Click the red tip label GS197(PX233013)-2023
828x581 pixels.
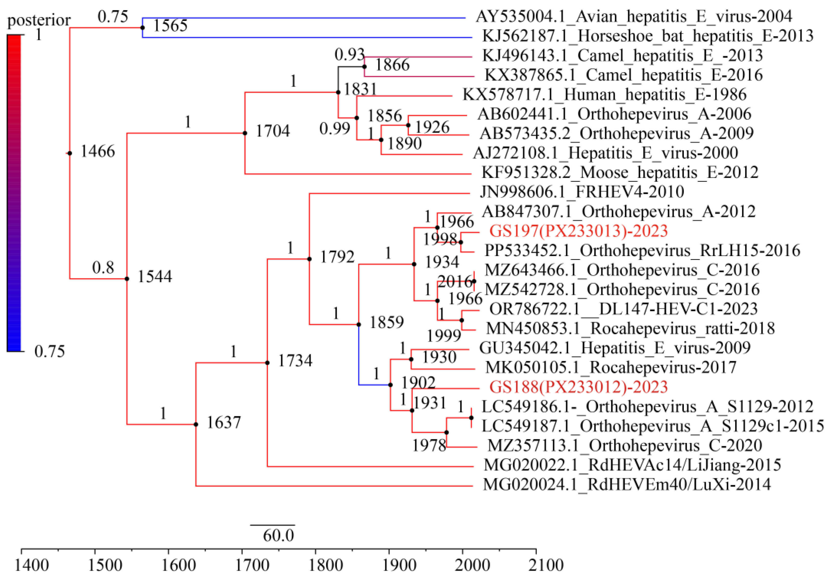tap(578, 231)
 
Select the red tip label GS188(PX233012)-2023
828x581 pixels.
tap(578, 387)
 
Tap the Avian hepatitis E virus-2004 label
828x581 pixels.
tap(634, 17)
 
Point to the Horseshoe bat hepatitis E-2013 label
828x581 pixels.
tap(648, 36)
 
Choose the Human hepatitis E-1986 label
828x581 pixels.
tap(604, 94)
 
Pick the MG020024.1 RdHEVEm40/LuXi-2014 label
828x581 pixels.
tap(627, 484)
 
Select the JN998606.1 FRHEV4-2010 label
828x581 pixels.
tap(582, 192)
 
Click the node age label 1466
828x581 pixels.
tap(97, 151)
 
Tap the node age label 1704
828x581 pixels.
tap(273, 131)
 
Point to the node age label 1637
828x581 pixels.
tap(224, 422)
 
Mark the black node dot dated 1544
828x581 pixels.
tap(127, 279)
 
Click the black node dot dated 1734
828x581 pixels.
tap(267, 363)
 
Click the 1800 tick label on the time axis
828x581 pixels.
tap(325, 565)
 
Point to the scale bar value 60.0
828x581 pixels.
tap(278, 535)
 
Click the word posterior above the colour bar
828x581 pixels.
tap(39, 20)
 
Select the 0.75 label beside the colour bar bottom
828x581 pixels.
tap(50, 351)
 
